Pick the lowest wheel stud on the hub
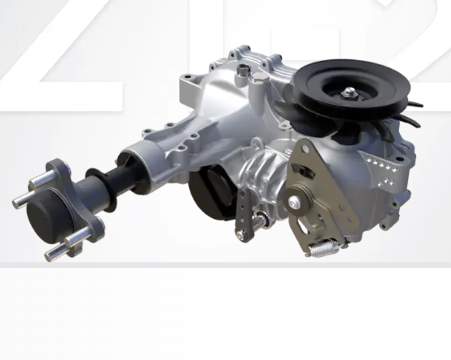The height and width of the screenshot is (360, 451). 55,252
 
